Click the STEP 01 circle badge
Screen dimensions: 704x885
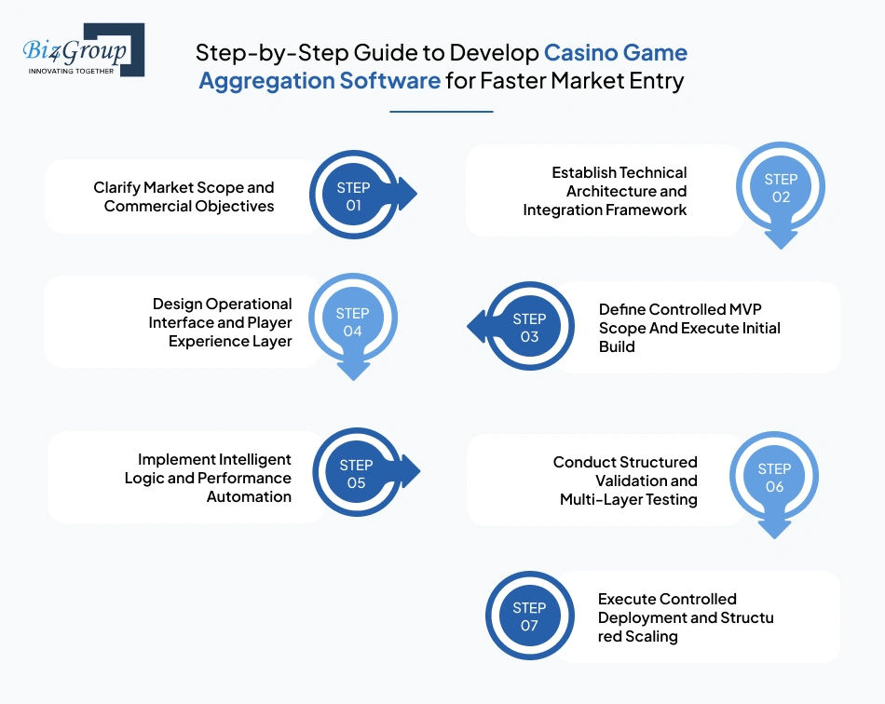pos(353,196)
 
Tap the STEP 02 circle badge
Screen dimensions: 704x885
pos(781,188)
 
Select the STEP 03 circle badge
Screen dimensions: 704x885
pos(529,328)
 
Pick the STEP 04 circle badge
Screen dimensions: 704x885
pos(352,322)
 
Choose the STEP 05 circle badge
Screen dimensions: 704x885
pos(356,474)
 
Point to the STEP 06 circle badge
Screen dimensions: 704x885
pos(774,478)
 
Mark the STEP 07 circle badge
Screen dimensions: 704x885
pos(529,616)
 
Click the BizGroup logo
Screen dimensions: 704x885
pos(79,47)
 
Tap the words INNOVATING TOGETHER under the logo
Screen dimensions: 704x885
pos(72,71)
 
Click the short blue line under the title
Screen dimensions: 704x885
pos(441,112)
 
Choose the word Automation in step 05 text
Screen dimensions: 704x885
pos(249,496)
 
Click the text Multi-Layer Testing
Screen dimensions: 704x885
pos(628,499)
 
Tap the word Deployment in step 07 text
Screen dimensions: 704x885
pos(643,618)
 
